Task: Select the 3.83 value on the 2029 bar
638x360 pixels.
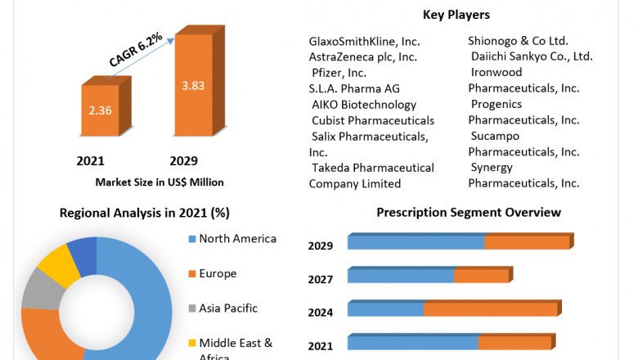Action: click(x=194, y=84)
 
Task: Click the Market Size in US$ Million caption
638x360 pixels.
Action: click(x=159, y=182)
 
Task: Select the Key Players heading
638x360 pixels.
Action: click(x=456, y=14)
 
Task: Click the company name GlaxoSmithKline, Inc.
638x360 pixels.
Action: click(x=363, y=41)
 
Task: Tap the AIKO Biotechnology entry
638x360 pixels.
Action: click(x=364, y=105)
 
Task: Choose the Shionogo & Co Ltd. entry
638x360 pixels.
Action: click(x=518, y=41)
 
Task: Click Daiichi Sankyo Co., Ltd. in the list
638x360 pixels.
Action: click(x=532, y=56)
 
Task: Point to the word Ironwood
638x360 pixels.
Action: click(x=496, y=73)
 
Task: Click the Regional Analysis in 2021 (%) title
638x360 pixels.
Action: click(x=145, y=213)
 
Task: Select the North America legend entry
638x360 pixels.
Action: click(x=237, y=239)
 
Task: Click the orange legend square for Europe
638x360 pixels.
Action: click(x=192, y=274)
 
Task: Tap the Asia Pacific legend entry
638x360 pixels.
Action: click(x=227, y=308)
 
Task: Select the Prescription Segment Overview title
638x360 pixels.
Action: click(x=469, y=213)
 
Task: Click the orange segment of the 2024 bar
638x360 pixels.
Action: click(x=490, y=309)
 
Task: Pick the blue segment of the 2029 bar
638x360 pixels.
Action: click(x=416, y=243)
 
